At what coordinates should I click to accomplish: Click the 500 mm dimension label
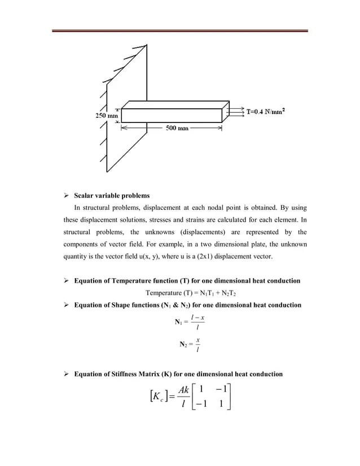pyautogui.click(x=176, y=128)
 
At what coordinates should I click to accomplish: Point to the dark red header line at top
pyautogui.click(x=179, y=31)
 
